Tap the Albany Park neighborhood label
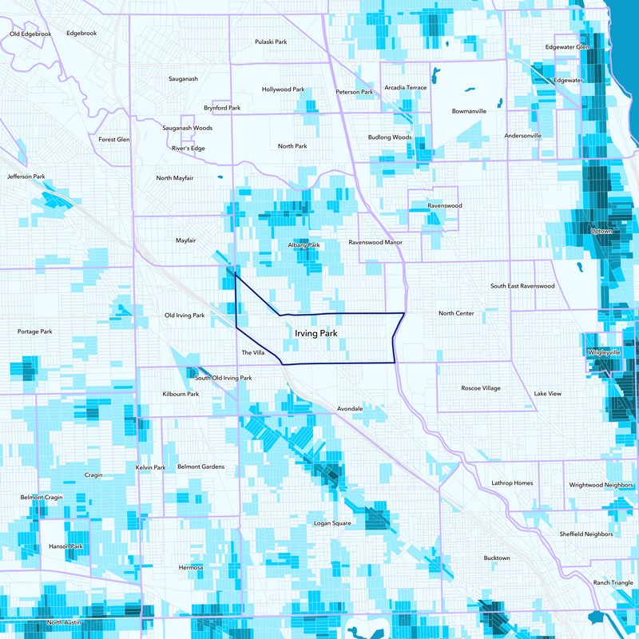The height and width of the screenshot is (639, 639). (304, 244)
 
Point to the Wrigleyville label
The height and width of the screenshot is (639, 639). (604, 352)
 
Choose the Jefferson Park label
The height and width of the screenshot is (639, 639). (26, 177)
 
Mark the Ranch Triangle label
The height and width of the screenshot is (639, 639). (612, 582)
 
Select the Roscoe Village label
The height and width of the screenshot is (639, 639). (481, 388)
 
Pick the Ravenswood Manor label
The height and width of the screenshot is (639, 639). (375, 241)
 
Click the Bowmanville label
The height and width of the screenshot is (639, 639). (469, 111)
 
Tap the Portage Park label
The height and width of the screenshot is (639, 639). (34, 331)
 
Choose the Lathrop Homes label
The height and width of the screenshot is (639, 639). (512, 482)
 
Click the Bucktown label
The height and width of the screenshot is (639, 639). (497, 558)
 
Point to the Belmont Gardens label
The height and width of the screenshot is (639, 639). (200, 466)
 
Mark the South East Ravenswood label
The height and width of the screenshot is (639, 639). (522, 286)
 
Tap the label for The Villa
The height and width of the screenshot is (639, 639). (252, 352)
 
